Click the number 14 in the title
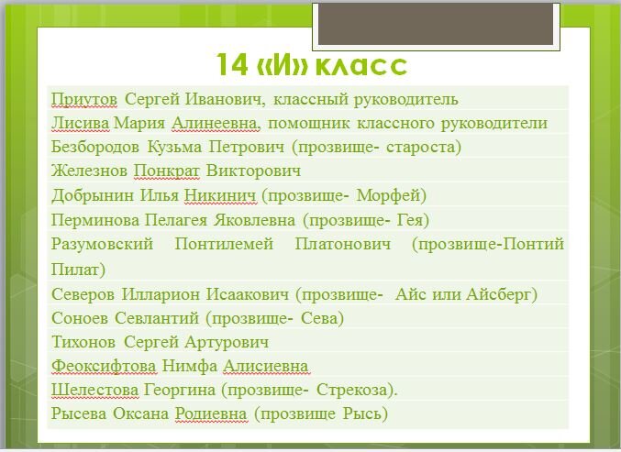click(x=231, y=66)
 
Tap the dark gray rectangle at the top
click(x=434, y=24)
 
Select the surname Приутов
click(x=84, y=99)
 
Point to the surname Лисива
click(x=81, y=123)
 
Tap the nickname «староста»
click(x=422, y=147)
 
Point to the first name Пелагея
click(x=178, y=220)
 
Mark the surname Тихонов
click(x=85, y=342)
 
